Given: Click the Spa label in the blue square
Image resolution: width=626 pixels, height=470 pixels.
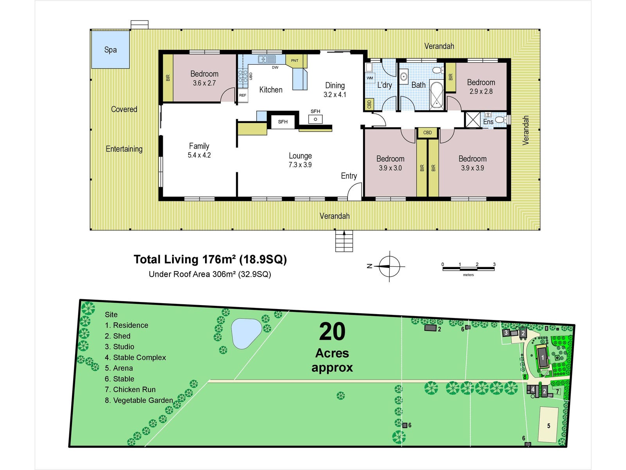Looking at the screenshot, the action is (x=110, y=50).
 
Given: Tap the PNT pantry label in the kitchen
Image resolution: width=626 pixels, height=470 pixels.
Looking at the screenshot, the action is (x=295, y=60).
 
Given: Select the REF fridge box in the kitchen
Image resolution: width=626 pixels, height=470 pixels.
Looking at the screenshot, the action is (x=243, y=96).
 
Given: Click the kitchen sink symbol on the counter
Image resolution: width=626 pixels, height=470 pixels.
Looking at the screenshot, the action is (x=267, y=59).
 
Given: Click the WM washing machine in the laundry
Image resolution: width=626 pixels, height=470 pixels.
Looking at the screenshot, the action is (x=370, y=78).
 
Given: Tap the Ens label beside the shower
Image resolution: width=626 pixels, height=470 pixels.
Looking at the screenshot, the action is (x=488, y=122).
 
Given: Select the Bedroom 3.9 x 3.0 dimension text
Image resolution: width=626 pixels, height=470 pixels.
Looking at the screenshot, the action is (x=390, y=168).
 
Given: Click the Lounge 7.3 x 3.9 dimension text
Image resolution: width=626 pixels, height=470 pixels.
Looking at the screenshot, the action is (x=300, y=164).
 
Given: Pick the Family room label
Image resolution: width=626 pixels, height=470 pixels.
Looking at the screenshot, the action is (x=199, y=146).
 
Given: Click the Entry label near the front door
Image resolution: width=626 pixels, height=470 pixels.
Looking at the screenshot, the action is (x=349, y=176).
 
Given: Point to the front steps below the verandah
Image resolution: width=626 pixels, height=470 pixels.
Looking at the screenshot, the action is (x=344, y=241).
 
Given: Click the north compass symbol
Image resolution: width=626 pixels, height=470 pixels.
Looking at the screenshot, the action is (x=390, y=266).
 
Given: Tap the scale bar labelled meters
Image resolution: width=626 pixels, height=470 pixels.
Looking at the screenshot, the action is (x=468, y=269).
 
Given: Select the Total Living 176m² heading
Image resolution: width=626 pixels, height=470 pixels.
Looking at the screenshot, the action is (x=210, y=259).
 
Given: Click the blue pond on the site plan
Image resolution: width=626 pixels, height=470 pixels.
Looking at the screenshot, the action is (x=246, y=333).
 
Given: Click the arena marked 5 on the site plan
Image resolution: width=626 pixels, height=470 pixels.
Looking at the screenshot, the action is (x=548, y=425).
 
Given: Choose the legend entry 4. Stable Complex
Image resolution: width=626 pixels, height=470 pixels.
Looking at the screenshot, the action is (x=135, y=358).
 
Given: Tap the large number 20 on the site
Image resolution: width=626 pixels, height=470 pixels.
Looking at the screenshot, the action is (x=332, y=332).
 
